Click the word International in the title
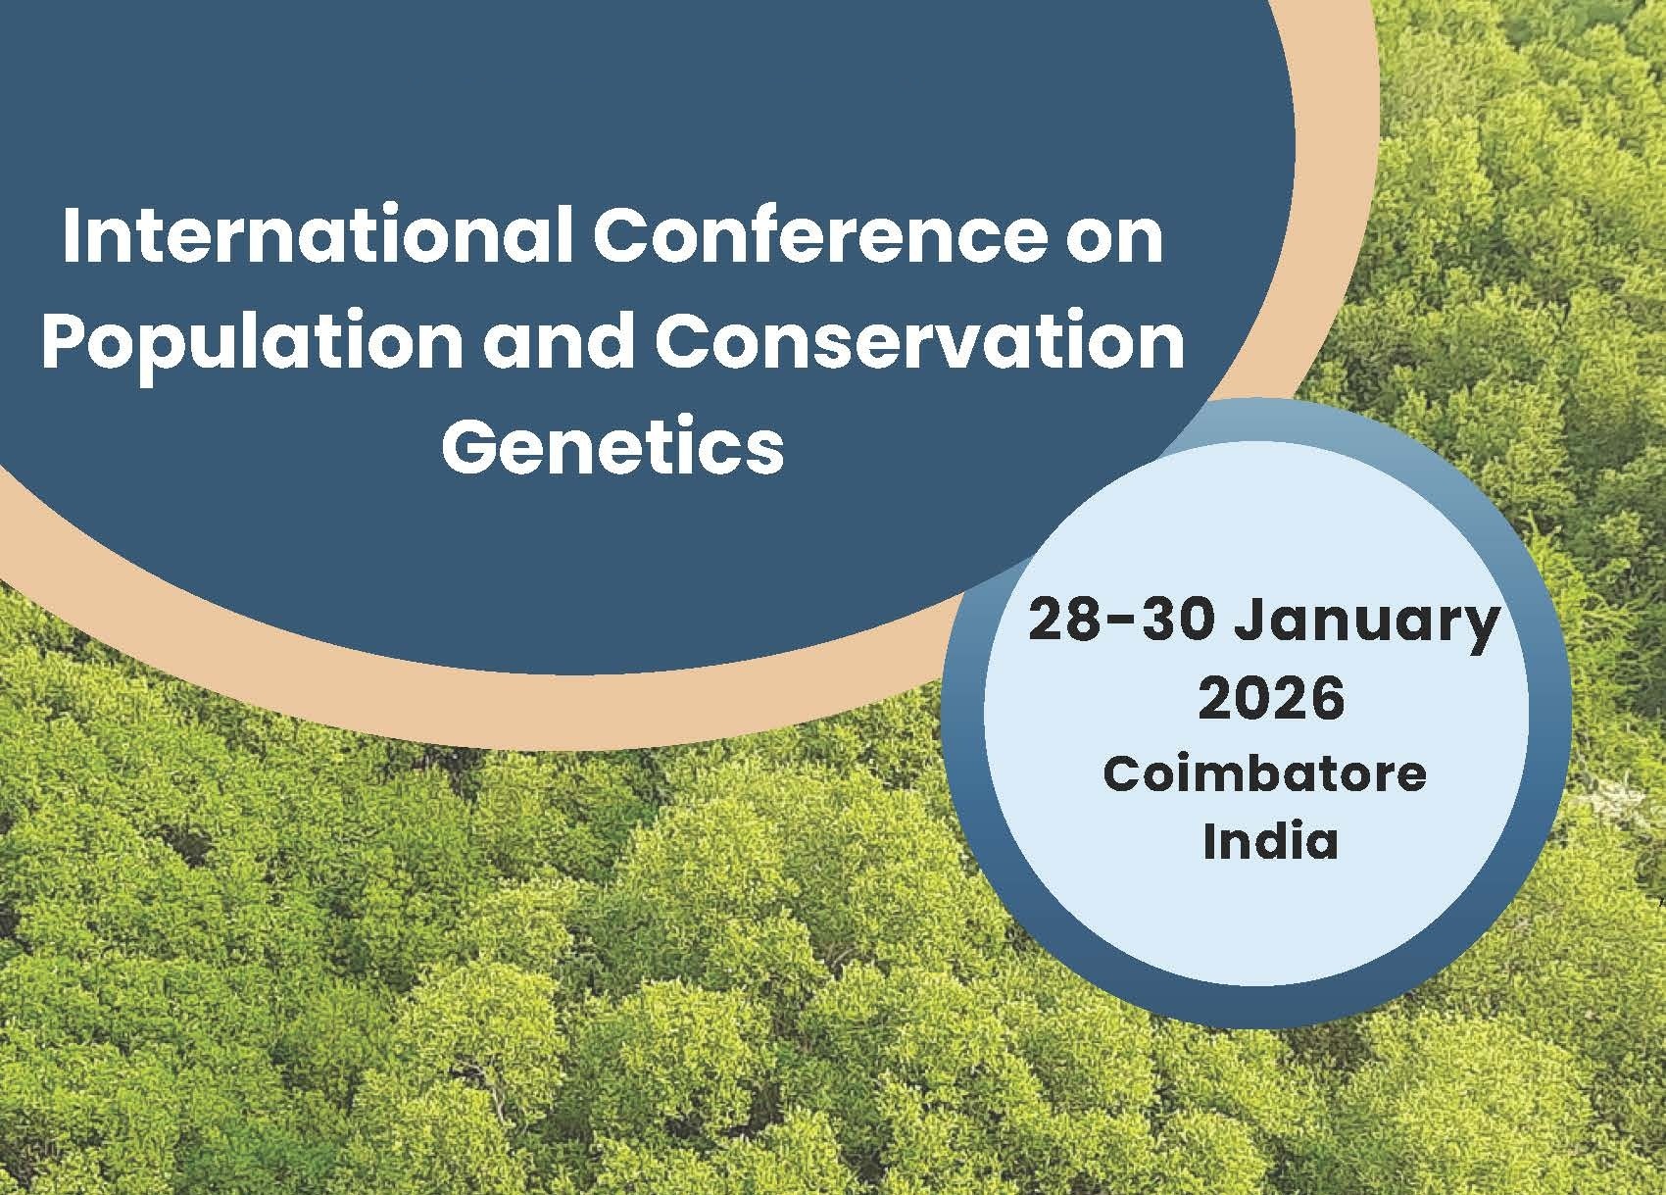318,235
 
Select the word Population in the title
252,344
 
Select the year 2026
1271,698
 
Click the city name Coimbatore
1265,774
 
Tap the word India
1270,839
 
